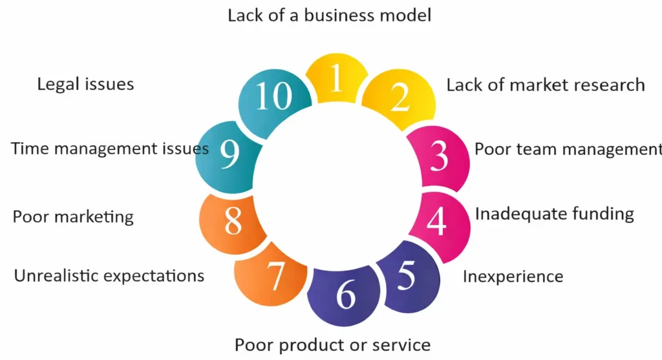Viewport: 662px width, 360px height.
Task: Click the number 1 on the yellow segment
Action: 335,80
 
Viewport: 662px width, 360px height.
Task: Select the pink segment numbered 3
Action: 439,156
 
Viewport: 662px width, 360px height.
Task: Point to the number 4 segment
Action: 437,221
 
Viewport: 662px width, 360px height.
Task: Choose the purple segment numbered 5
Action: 406,276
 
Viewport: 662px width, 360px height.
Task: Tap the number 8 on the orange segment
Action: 232,220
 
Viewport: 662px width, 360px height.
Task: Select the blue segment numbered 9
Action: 230,155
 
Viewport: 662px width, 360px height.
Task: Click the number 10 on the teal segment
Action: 274,98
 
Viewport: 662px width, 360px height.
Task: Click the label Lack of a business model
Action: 329,15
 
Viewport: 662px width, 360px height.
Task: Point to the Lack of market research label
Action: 546,85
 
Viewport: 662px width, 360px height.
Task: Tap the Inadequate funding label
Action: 555,213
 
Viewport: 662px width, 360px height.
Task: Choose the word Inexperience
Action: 513,277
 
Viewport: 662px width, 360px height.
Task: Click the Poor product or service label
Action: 332,344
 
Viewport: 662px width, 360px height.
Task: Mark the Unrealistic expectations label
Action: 109,276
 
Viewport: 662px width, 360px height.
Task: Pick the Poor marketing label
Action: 73,217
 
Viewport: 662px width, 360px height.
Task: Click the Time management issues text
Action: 110,149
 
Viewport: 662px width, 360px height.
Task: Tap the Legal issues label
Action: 85,84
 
